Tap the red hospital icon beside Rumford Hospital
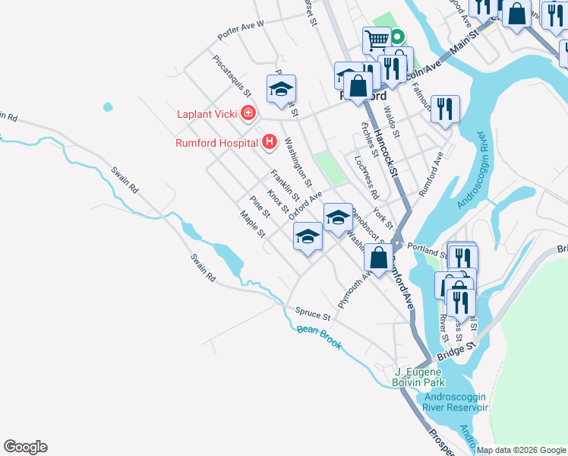[269, 141]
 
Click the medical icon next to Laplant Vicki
[248, 114]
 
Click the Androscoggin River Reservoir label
[446, 401]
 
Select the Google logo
[25, 447]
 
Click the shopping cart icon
[377, 40]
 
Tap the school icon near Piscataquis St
[281, 89]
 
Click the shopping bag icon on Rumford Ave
[378, 257]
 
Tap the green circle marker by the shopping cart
[397, 36]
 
